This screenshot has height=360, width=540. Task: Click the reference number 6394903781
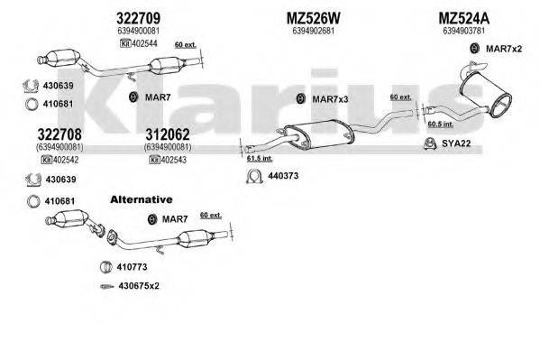click(x=465, y=31)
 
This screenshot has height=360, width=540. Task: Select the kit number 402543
click(x=170, y=159)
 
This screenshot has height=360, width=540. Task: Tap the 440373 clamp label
click(x=281, y=175)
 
